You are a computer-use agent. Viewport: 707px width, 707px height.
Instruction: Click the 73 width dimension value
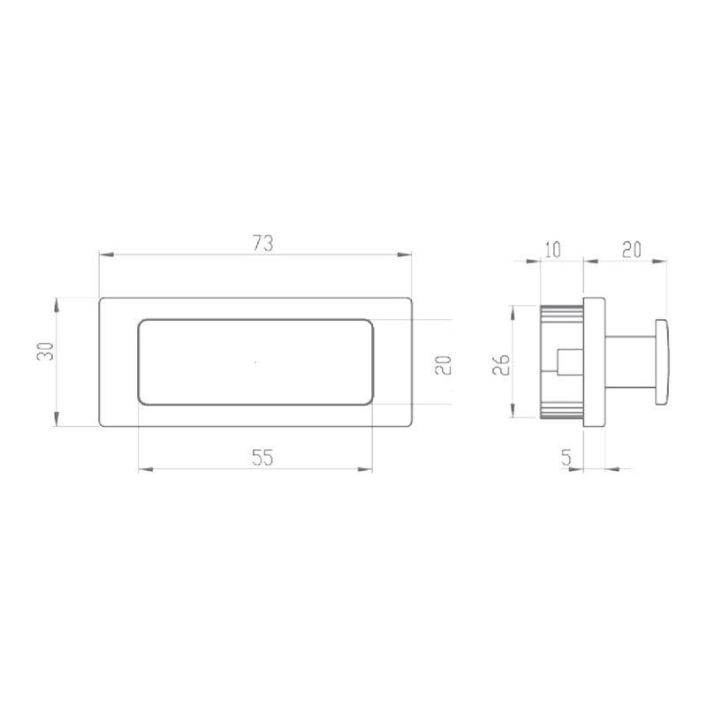click(x=262, y=244)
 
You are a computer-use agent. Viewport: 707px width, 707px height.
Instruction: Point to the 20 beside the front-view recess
click(x=444, y=363)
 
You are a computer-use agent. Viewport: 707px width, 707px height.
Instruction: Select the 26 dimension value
click(x=500, y=363)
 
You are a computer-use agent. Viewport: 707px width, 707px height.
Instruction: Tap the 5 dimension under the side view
click(x=567, y=457)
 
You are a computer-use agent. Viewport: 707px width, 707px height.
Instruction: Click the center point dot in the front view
click(x=255, y=361)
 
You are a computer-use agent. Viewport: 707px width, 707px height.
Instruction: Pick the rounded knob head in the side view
click(x=663, y=362)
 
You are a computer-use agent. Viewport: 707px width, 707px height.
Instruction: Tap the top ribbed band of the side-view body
click(x=560, y=310)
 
